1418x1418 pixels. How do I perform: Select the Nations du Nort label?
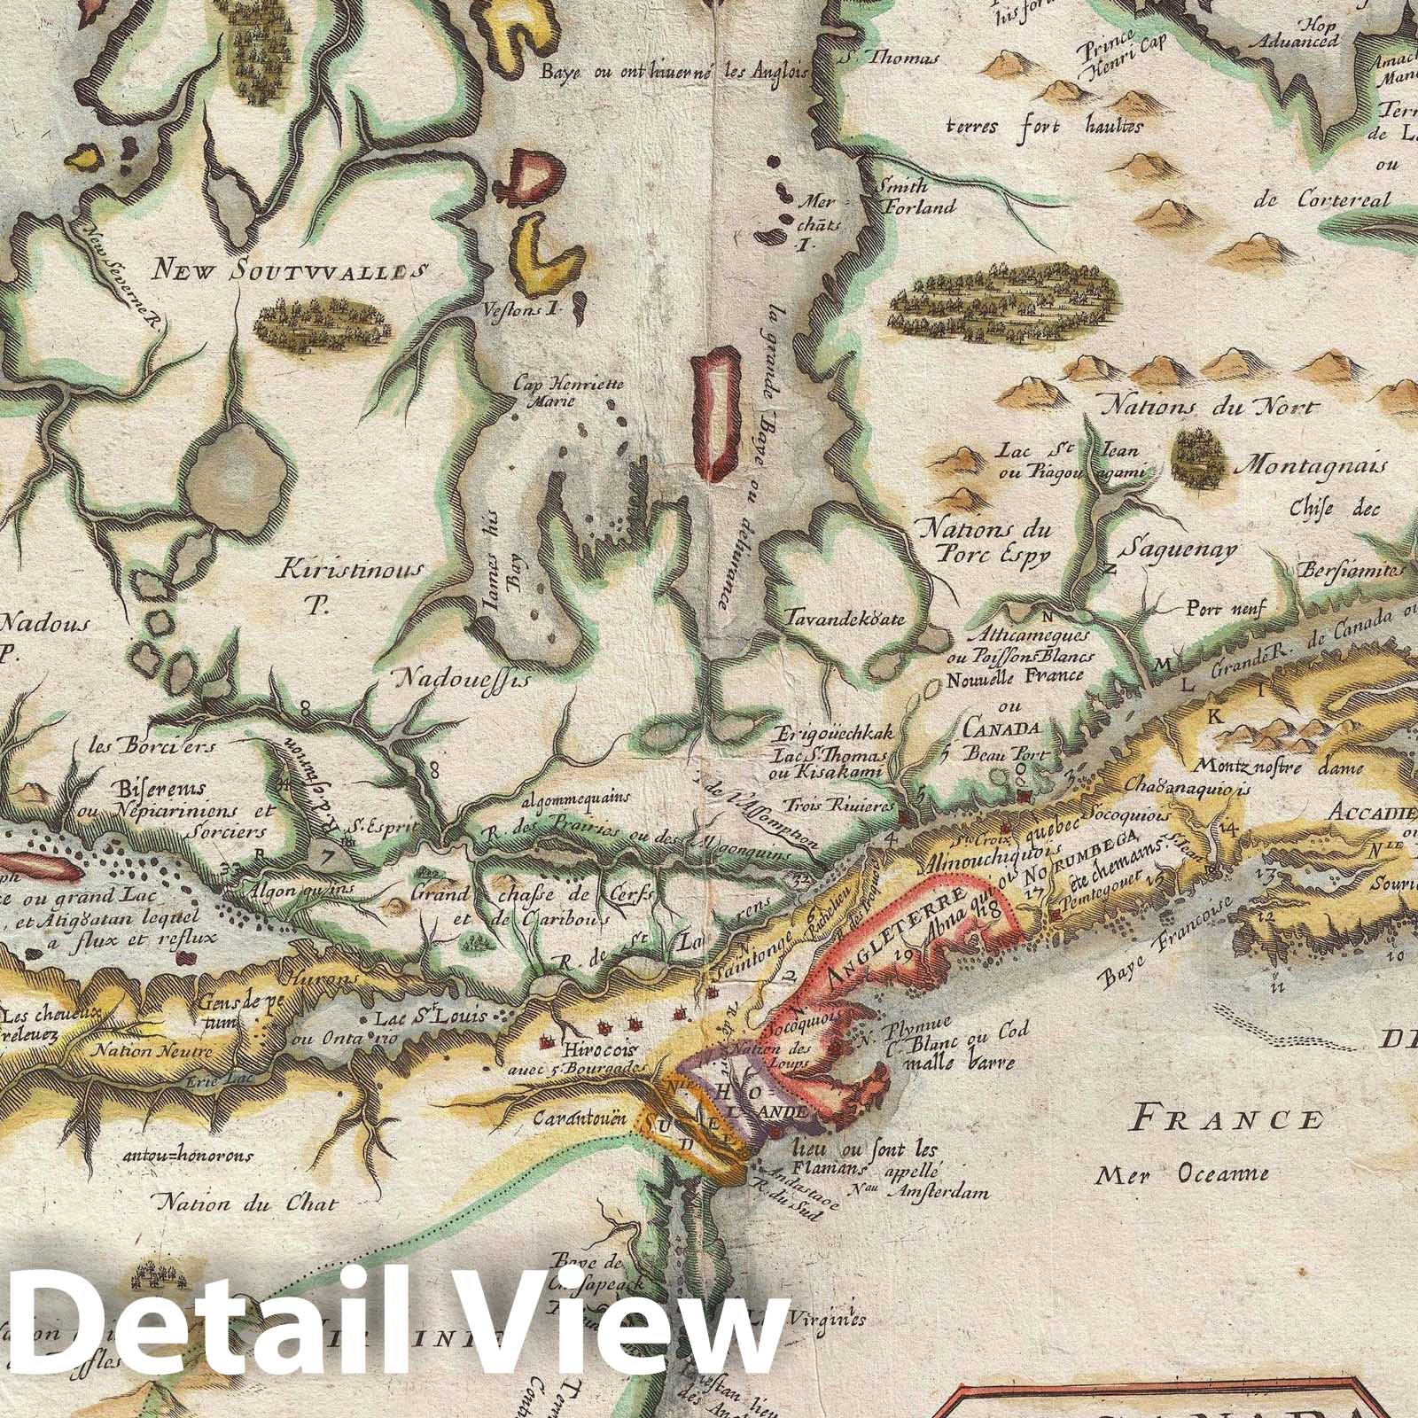tap(1209, 408)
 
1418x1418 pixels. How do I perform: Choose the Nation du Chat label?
tap(247, 1203)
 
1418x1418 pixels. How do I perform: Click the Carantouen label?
tap(580, 1118)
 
